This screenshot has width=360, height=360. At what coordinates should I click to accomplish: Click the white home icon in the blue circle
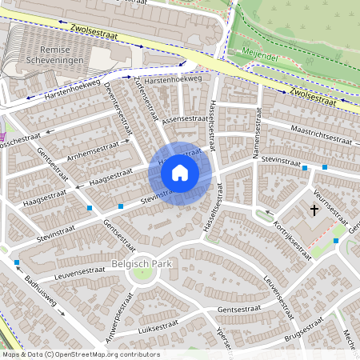point(180,172)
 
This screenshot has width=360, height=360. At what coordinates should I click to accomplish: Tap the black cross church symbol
point(314,210)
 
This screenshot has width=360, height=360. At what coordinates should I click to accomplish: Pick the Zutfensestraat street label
point(146,95)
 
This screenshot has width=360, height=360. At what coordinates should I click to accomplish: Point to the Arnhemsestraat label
point(94,150)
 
